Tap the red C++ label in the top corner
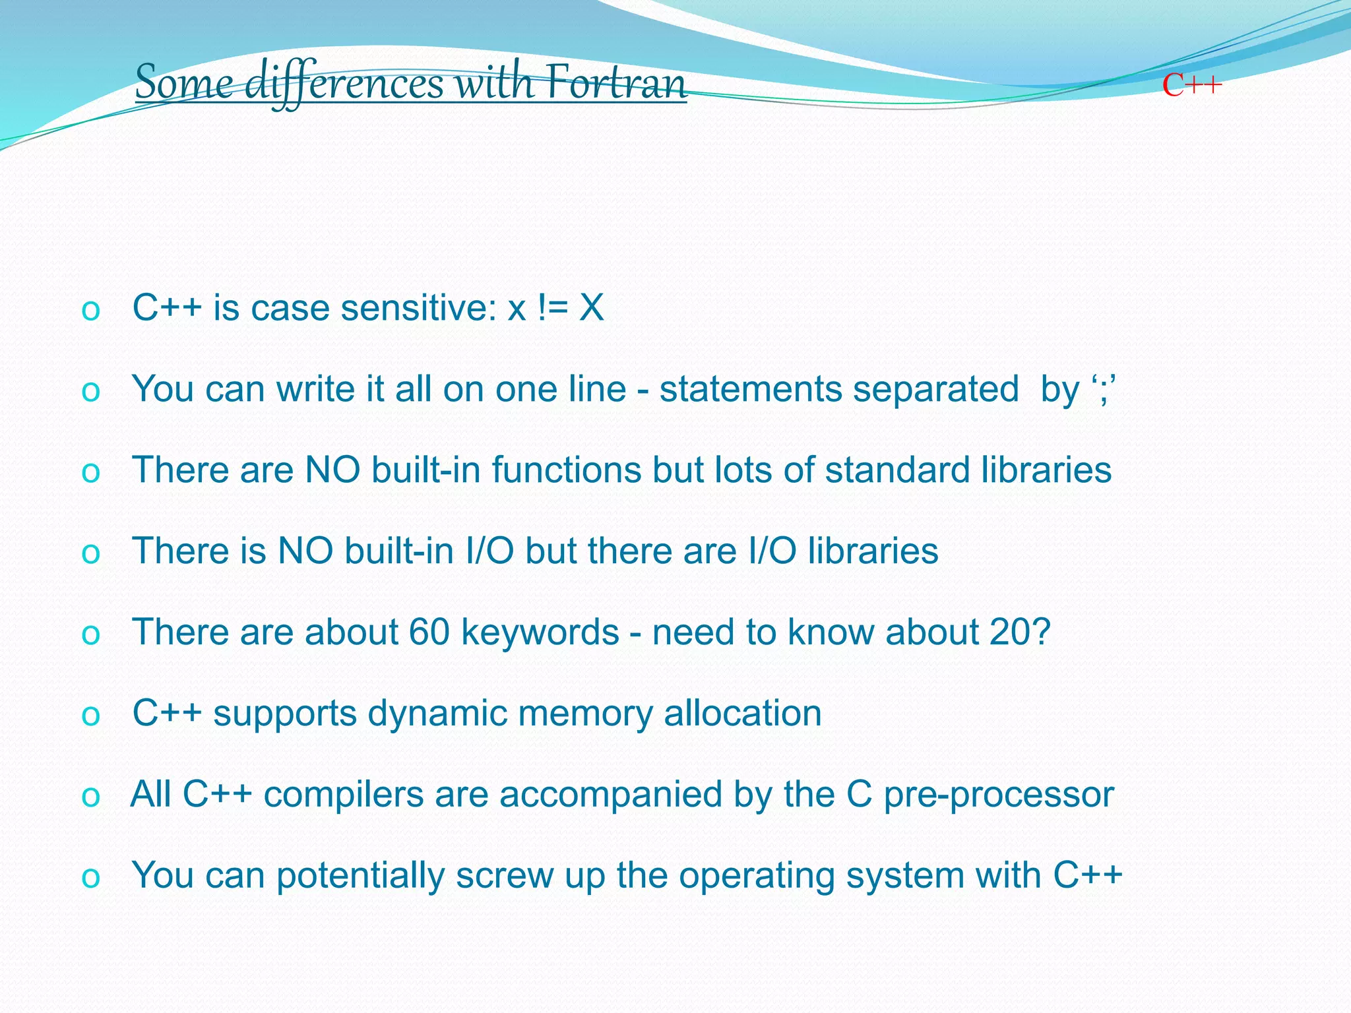(1192, 86)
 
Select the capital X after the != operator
(591, 308)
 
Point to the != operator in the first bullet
(552, 308)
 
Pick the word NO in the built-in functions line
(332, 470)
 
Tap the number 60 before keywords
(429, 632)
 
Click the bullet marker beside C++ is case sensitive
(90, 310)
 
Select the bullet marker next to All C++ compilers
(90, 797)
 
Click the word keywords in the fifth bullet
(540, 632)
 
